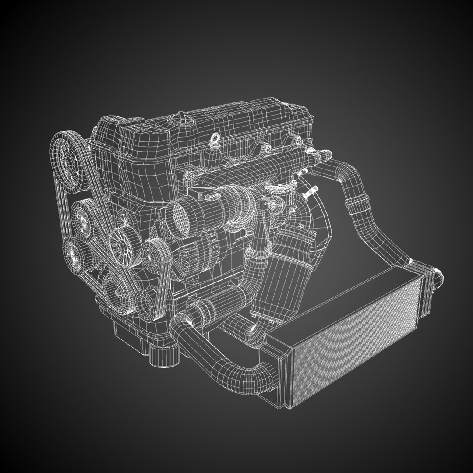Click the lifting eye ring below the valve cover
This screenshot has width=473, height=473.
click(215, 140)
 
